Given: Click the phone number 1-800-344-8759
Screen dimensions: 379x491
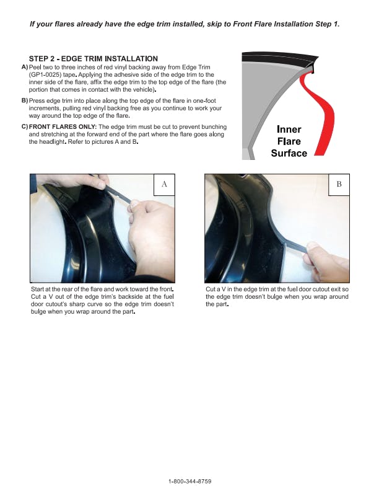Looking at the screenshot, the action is [x=190, y=481].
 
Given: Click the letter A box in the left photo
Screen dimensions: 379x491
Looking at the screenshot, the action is [x=164, y=185].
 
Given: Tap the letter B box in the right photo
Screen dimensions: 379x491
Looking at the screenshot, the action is [x=339, y=185].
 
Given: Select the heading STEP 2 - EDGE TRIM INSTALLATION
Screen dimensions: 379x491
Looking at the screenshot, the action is [x=93, y=59].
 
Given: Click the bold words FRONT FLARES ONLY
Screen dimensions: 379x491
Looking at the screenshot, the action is [x=63, y=127].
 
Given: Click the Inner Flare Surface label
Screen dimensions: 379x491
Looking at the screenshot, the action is [x=289, y=141].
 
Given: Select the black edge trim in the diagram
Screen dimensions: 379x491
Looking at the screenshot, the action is [x=280, y=60].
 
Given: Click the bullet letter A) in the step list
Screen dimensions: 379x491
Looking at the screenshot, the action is [x=25, y=68].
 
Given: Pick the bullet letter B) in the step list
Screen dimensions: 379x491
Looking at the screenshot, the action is [x=25, y=101].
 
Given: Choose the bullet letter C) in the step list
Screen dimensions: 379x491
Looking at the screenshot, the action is [x=25, y=127].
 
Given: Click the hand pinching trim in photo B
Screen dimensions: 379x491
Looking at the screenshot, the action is [x=326, y=261].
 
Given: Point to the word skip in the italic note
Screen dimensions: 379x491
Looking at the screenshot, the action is [x=214, y=24].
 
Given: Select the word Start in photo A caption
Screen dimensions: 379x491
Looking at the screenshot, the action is [x=37, y=290].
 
